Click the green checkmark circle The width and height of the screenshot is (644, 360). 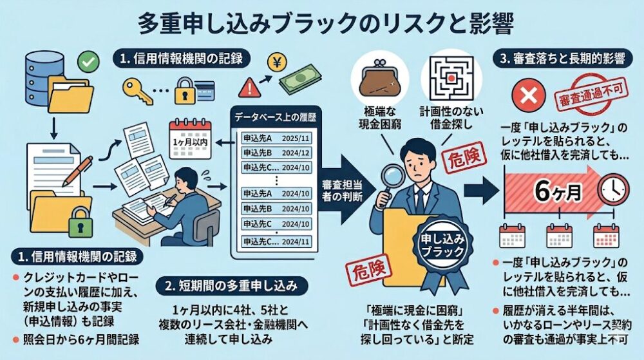(88, 62)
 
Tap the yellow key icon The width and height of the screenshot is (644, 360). (137, 91)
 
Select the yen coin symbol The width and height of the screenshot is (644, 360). (277, 63)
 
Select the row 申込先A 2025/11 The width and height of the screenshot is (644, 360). (276, 138)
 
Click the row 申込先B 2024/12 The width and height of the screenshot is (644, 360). (276, 153)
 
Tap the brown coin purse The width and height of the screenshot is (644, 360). (380, 79)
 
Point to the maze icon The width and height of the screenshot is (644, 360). (451, 78)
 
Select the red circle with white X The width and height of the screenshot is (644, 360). (529, 96)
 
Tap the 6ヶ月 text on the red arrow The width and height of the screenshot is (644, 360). (558, 191)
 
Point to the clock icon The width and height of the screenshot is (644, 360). (613, 189)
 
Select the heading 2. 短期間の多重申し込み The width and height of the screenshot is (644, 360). (232, 286)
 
